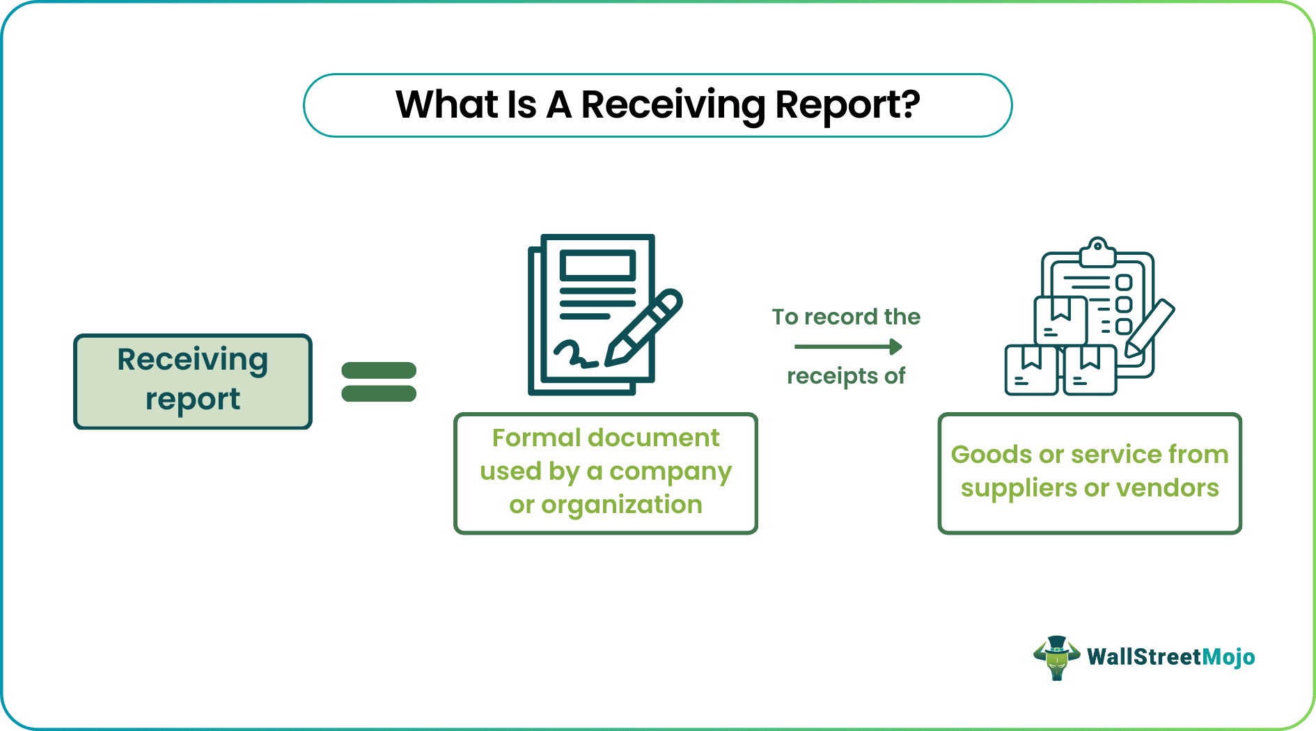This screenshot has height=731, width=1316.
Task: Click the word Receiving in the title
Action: (673, 105)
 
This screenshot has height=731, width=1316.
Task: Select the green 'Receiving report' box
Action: (193, 381)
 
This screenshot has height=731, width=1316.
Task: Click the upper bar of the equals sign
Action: (379, 370)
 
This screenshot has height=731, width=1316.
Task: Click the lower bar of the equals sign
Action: (379, 393)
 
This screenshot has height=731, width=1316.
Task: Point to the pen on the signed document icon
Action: (644, 327)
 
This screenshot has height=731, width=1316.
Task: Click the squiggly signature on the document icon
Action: (575, 354)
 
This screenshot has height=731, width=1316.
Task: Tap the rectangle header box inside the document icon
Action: (597, 266)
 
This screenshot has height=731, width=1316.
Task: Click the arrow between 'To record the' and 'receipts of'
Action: (847, 347)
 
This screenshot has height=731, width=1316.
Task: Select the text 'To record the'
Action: (846, 317)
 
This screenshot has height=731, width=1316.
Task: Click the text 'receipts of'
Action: (846, 376)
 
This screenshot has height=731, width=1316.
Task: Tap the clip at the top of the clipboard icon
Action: (1097, 252)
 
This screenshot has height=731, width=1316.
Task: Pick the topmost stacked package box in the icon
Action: (1060, 320)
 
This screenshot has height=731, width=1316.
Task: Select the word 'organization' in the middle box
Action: (622, 505)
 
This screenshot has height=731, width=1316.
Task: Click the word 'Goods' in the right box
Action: (992, 455)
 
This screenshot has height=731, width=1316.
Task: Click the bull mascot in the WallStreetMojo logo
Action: (1056, 657)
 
